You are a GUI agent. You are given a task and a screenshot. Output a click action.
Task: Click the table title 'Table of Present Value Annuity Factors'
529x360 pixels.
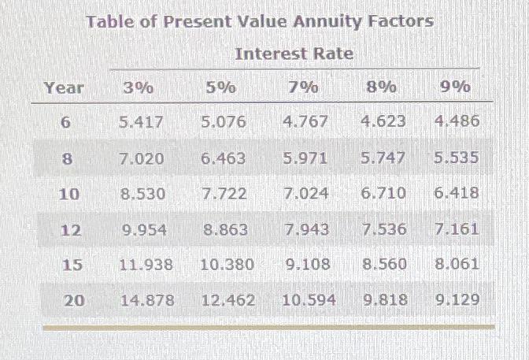point(259,21)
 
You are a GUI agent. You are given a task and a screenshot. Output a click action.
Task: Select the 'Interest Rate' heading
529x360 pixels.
point(294,54)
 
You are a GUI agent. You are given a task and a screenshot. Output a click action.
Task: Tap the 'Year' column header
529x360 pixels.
point(64,87)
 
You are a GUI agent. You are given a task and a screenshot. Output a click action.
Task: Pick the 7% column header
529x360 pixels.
point(303,87)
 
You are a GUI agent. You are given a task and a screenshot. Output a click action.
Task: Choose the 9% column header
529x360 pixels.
point(454,87)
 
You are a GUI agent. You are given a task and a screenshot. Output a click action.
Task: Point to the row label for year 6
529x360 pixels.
point(65,123)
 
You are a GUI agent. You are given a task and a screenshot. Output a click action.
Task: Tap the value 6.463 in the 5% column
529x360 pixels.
point(223,158)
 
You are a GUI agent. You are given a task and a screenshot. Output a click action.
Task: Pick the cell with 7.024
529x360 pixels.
point(305,193)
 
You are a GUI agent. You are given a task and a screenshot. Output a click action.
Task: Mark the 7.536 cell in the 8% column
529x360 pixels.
point(384,229)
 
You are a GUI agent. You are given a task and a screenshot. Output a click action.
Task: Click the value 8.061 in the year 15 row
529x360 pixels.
point(456,264)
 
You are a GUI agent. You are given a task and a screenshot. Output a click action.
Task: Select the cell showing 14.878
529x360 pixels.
point(146,299)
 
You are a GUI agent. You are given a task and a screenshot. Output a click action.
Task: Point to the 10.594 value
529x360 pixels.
point(309,299)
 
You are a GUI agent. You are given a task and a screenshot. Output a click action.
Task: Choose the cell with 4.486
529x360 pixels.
point(456,122)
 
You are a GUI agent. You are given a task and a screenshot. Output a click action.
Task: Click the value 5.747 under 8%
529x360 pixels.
point(383,158)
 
